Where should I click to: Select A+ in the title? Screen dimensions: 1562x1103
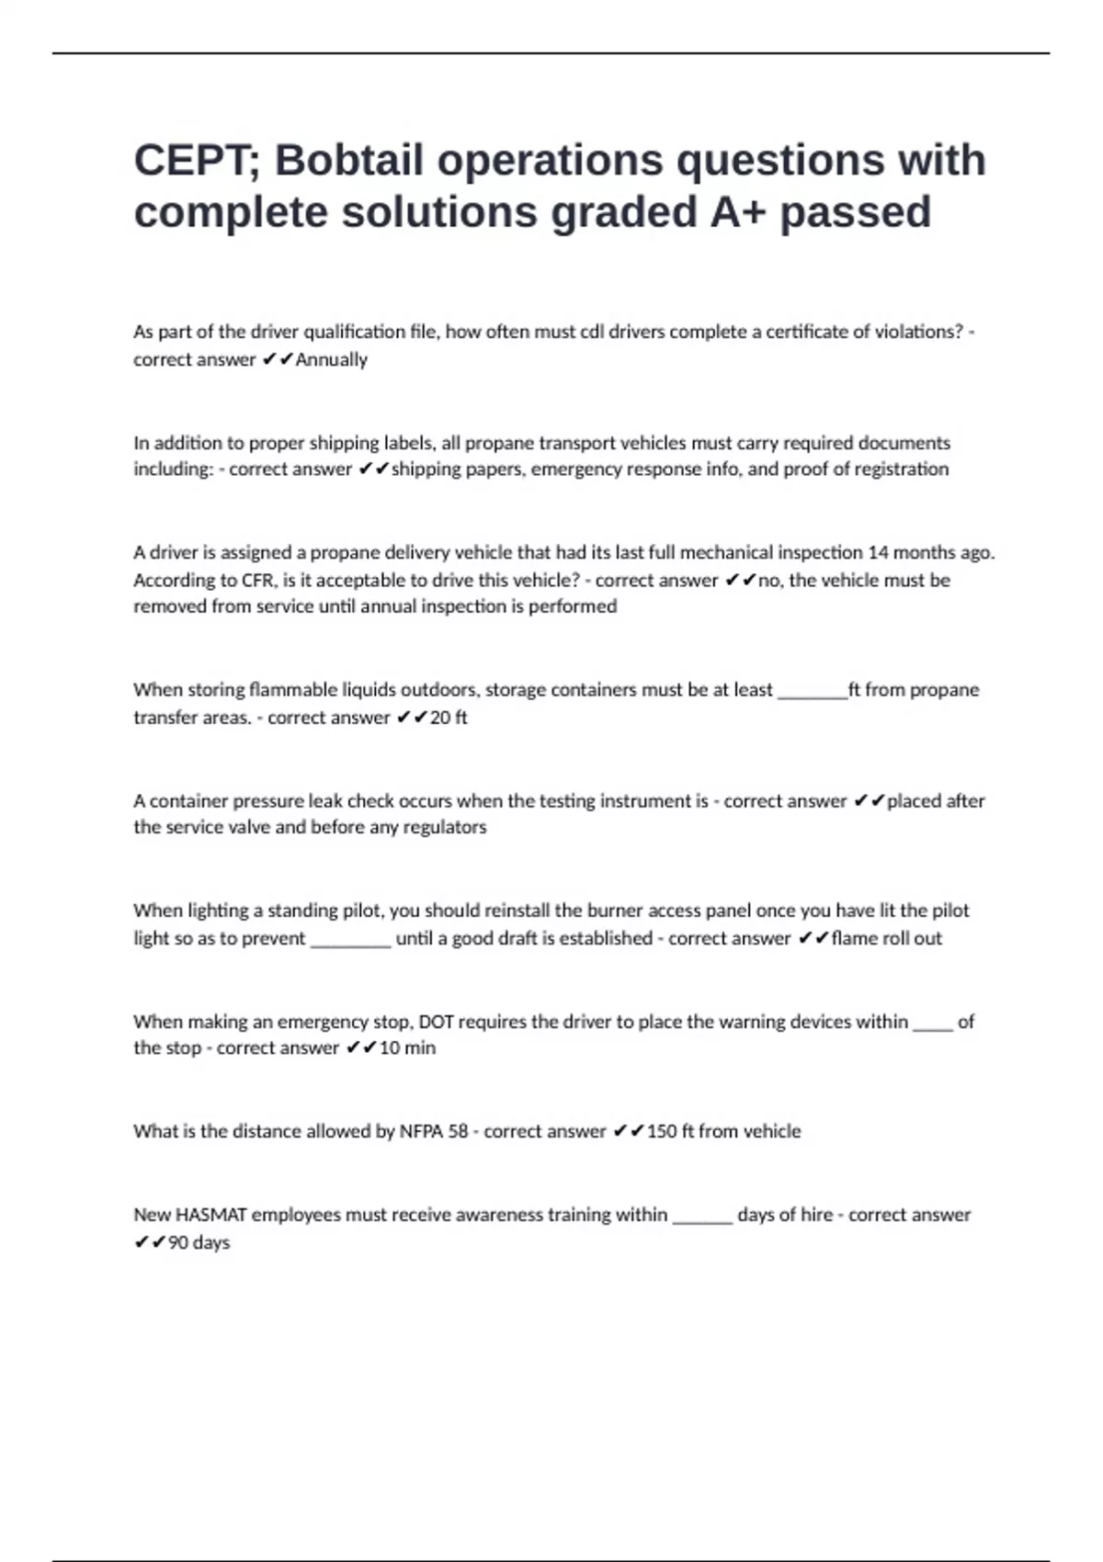[x=737, y=212]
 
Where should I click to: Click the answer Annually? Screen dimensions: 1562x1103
[x=331, y=360]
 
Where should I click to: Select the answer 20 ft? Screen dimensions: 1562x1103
[x=449, y=718]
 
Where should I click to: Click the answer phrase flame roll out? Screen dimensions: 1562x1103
[x=886, y=938]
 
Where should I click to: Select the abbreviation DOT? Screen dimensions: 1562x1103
[x=438, y=1022]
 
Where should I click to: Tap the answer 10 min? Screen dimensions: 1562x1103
[x=407, y=1048]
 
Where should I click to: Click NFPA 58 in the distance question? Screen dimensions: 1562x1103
[x=434, y=1132]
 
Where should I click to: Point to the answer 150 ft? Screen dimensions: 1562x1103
[x=670, y=1132]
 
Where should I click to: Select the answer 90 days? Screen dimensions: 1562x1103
[x=199, y=1243]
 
